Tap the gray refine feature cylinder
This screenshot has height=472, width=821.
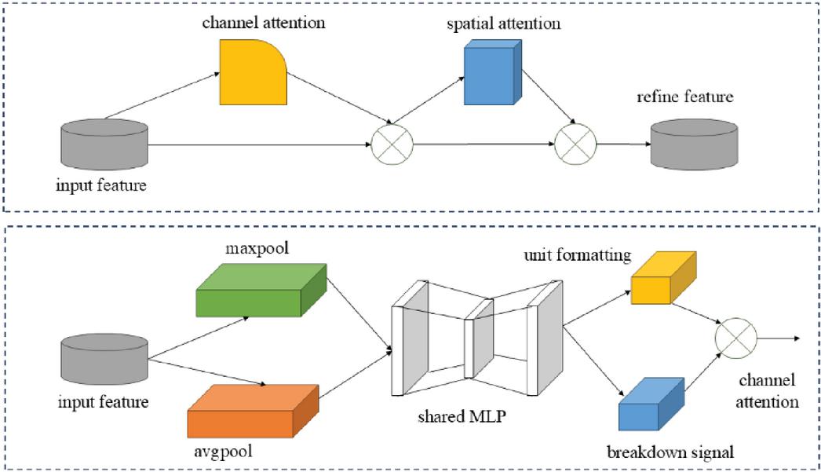[693, 143]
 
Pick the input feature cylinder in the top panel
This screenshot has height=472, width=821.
[104, 143]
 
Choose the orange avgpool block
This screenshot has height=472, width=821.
[252, 412]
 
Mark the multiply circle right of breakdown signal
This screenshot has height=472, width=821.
[735, 338]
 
